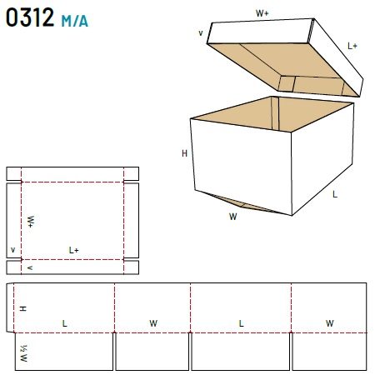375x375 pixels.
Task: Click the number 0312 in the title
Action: (x=30, y=17)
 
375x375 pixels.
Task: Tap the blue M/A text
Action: (x=74, y=21)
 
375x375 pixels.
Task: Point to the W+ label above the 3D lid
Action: (x=262, y=13)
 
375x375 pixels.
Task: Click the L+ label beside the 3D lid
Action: (x=352, y=46)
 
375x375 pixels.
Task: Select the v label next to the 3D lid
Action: (x=201, y=33)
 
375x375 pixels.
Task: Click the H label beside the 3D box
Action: (x=184, y=153)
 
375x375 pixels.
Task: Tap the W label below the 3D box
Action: (x=233, y=217)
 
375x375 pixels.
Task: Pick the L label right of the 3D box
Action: (x=335, y=194)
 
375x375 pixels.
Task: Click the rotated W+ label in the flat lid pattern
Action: (x=31, y=222)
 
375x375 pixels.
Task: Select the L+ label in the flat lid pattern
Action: (x=74, y=250)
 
